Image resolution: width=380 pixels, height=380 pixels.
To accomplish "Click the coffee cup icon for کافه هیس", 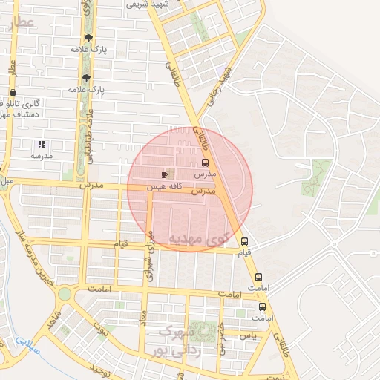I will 164,174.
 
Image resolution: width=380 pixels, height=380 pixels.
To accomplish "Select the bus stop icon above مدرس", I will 205,163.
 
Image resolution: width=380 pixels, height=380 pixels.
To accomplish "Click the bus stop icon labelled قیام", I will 244,241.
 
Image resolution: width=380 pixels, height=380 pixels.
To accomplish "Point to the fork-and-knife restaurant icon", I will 42,145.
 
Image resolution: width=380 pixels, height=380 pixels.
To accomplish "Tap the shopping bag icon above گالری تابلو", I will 13,93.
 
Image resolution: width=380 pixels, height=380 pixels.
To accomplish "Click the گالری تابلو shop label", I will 22,104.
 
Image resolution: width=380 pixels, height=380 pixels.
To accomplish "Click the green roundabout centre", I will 65,294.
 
